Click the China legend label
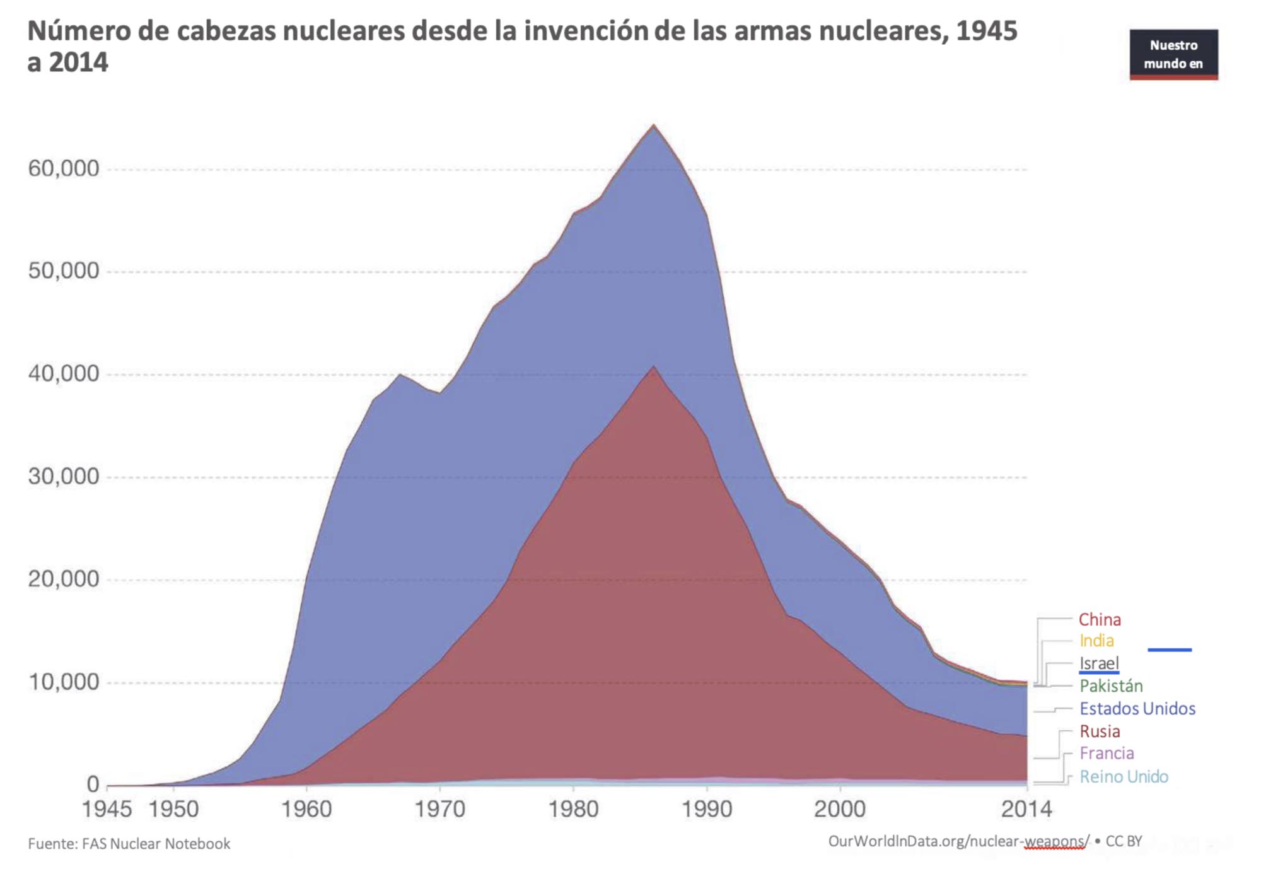click(1100, 619)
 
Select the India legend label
click(1096, 641)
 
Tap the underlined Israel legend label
click(1099, 663)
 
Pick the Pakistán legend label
click(1111, 686)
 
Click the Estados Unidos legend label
click(1137, 709)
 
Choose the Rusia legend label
click(1100, 732)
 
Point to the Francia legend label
click(1107, 754)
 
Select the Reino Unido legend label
click(1124, 777)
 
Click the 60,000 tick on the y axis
click(64, 169)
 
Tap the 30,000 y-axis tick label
click(64, 477)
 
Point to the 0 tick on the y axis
click(93, 784)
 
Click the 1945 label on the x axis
click(107, 809)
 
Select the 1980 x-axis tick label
click(573, 809)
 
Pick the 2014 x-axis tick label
click(1026, 809)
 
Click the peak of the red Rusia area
click(654, 367)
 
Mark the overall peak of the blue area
click(654, 125)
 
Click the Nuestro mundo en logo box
click(1173, 54)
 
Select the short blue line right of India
click(1170, 650)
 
